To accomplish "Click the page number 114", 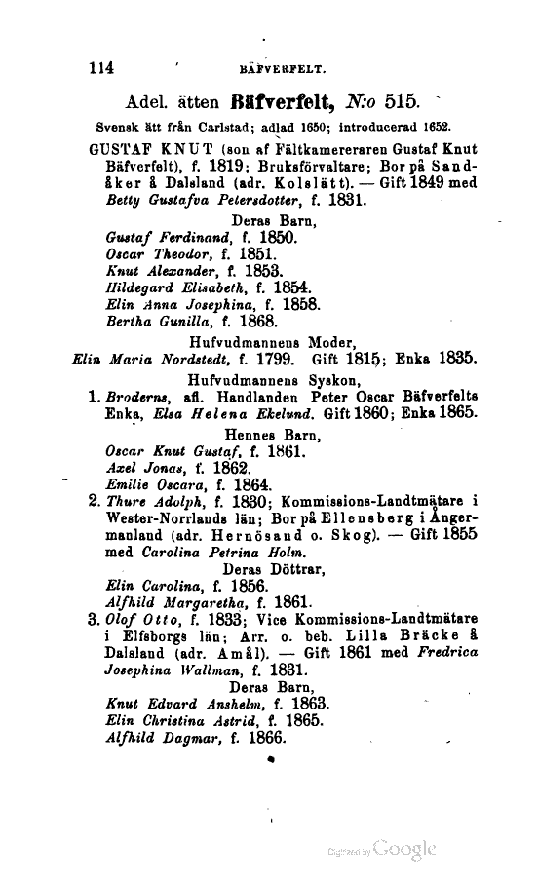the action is pyautogui.click(x=101, y=67).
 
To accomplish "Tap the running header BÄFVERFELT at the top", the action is pyautogui.click(x=280, y=69).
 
